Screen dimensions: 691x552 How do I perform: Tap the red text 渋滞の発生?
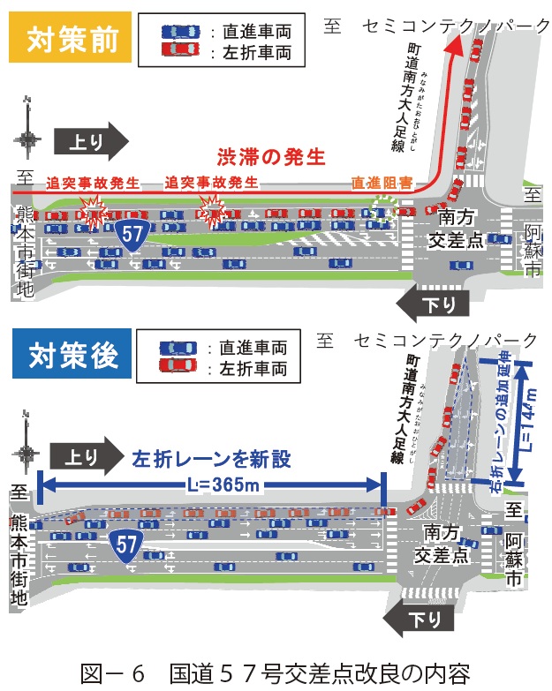[271, 158]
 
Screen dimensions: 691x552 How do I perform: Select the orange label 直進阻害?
[382, 184]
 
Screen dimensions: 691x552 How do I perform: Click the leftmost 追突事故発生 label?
[93, 183]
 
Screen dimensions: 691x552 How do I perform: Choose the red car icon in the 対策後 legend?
[178, 364]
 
